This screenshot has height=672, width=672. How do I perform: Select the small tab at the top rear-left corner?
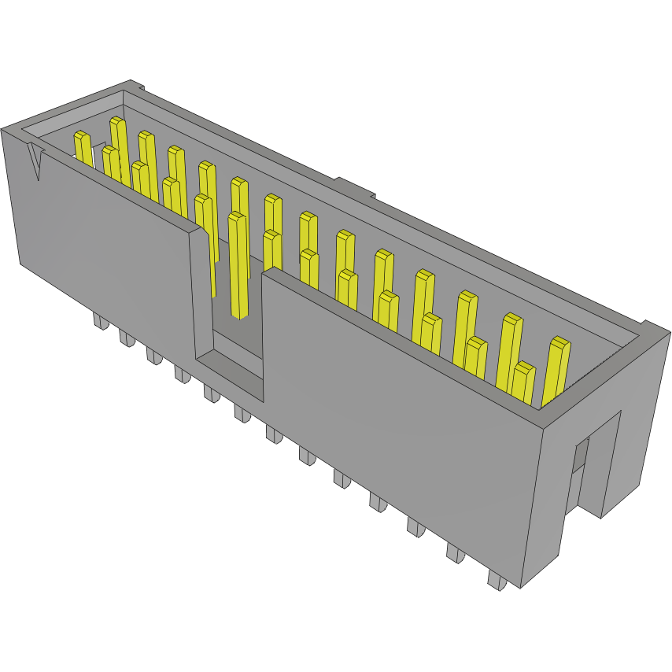point(135,85)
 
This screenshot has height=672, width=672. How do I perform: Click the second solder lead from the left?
point(126,338)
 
